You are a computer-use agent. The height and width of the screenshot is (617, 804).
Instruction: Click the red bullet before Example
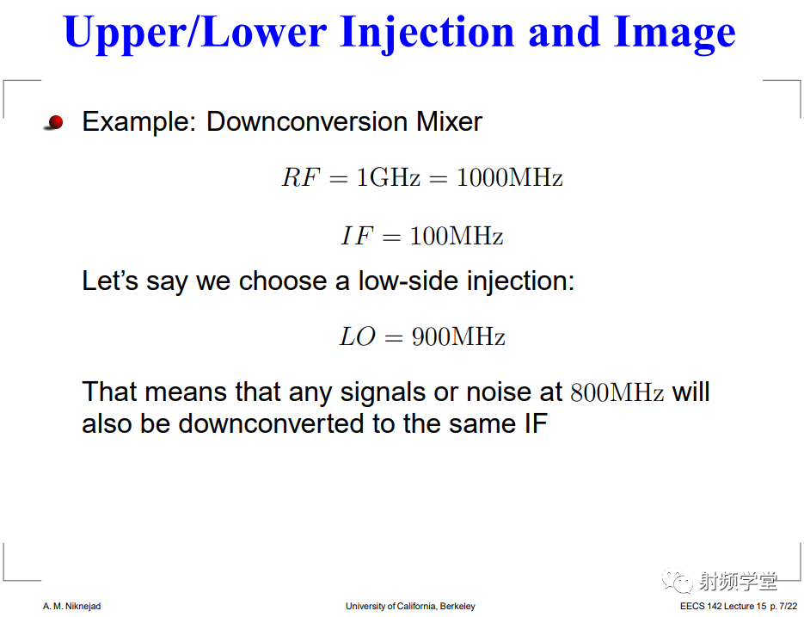(x=55, y=122)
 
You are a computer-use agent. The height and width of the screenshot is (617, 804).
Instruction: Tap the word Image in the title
(x=675, y=34)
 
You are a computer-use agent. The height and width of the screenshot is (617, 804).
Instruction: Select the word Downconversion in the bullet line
(x=308, y=121)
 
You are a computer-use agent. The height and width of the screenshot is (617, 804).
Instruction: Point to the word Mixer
(x=449, y=121)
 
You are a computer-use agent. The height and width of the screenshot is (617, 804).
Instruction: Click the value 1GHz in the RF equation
(x=388, y=177)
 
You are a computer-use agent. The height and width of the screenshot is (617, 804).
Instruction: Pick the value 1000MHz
(x=509, y=177)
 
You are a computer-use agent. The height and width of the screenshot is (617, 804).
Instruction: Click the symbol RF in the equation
(x=300, y=177)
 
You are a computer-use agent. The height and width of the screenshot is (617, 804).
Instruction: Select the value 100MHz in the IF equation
(x=457, y=236)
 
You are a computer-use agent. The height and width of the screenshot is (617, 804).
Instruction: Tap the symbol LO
(x=358, y=336)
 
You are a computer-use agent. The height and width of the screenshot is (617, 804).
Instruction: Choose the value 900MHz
(x=458, y=336)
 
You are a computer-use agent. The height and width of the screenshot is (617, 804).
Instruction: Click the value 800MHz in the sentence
(x=617, y=392)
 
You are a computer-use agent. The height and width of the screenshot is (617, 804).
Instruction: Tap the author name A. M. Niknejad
(x=71, y=606)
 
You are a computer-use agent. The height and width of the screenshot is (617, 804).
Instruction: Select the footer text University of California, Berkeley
(x=410, y=606)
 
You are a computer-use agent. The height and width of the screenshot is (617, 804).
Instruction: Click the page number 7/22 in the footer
(x=789, y=606)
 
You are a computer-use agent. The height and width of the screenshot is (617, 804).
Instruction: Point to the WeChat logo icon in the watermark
(x=678, y=580)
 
